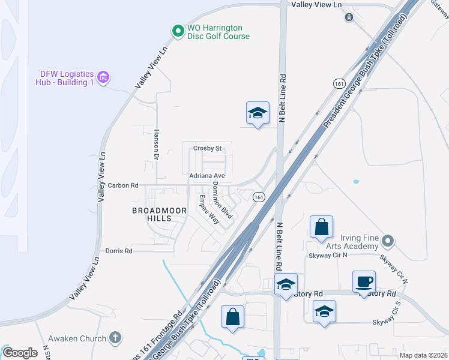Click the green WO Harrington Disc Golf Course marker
tap(177, 30)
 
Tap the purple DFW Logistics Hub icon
tap(103, 77)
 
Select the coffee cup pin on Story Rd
tap(365, 281)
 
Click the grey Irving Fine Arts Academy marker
tap(388, 241)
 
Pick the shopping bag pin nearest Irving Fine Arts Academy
tap(322, 227)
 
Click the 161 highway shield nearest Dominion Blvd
tap(259, 197)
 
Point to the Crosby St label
tap(208, 148)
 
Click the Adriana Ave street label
tap(207, 176)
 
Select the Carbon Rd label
tap(123, 185)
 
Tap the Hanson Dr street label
tap(155, 145)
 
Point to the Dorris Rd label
tap(118, 251)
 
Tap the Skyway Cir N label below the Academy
tap(328, 256)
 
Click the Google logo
tap(20, 353)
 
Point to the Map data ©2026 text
tap(424, 355)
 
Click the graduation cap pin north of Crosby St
tap(258, 113)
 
